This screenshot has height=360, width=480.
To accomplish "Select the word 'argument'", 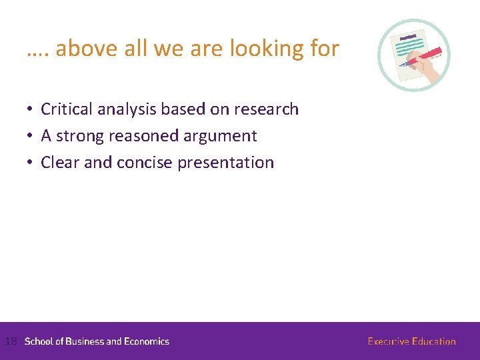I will point(221,137).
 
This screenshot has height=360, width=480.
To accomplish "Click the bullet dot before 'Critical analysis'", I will point(31,109).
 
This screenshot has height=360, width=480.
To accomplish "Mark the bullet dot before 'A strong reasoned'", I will point(31,136).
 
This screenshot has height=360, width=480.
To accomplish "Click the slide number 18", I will point(10,341).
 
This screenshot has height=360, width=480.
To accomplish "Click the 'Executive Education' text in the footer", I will point(411,341).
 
